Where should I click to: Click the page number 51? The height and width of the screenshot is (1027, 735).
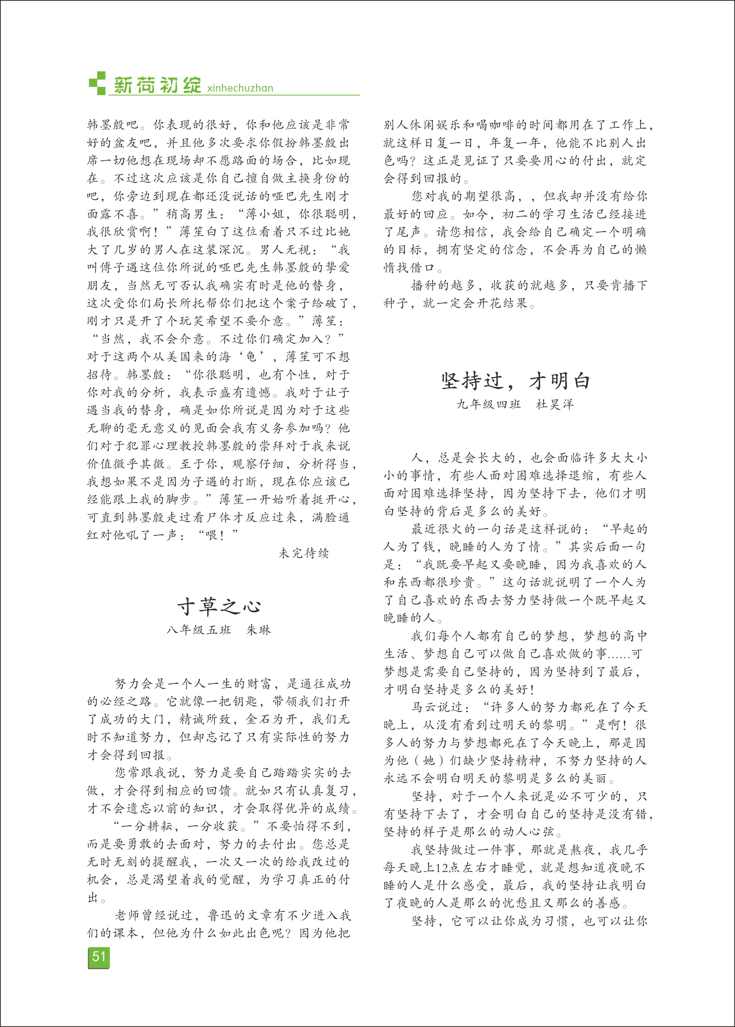[x=99, y=957]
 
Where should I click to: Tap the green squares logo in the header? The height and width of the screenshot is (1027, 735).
[x=97, y=83]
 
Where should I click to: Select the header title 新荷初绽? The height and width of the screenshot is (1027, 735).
[x=157, y=85]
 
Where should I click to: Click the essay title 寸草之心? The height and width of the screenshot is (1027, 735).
[x=219, y=607]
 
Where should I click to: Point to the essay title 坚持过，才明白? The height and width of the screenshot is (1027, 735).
[x=516, y=381]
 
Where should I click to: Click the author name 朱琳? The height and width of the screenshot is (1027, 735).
[x=258, y=630]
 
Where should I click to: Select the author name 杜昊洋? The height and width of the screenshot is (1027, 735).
[x=555, y=404]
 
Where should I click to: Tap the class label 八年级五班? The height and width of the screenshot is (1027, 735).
[x=199, y=630]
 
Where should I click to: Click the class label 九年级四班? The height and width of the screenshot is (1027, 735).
[x=489, y=404]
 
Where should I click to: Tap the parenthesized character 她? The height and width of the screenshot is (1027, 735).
[x=428, y=761]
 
